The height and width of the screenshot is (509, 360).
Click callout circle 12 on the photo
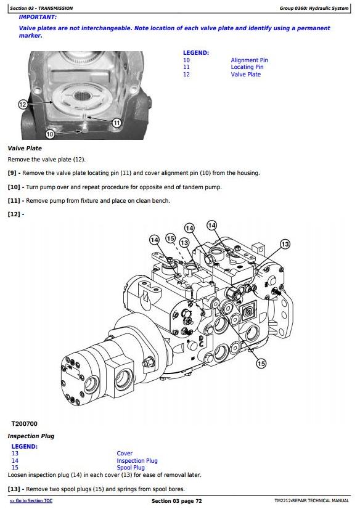[23, 104]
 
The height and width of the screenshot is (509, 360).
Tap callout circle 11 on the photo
[117, 123]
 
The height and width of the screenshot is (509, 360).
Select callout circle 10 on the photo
[50, 134]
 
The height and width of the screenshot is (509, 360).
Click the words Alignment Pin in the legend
[249, 60]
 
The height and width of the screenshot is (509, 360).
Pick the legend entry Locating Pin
[247, 67]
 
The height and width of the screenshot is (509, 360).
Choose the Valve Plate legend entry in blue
[246, 75]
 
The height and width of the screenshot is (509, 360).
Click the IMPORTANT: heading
[38, 17]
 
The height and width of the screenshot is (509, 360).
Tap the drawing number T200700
[24, 423]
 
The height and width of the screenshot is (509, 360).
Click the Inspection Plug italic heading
[31, 436]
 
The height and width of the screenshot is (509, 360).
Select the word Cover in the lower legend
[125, 454]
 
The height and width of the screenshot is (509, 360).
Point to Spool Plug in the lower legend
[131, 468]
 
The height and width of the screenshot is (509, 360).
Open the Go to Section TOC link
[31, 501]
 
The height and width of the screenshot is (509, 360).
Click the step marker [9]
[12, 173]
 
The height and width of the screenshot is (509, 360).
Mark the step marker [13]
[14, 489]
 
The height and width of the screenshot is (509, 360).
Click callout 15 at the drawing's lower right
[261, 364]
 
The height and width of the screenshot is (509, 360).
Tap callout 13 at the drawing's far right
[285, 244]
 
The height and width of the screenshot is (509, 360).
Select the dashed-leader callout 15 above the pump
[170, 238]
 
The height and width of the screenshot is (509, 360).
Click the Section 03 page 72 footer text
[176, 501]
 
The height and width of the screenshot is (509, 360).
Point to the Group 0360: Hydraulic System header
[314, 8]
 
